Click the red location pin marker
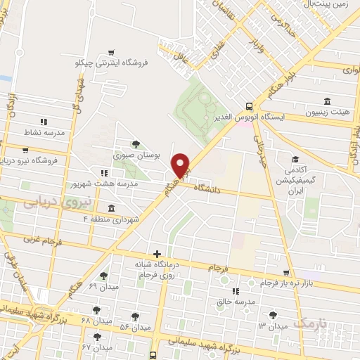tap(181, 165)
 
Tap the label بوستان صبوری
tap(137, 153)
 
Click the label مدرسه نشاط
tap(44, 132)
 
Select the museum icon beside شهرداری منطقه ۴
tap(112, 208)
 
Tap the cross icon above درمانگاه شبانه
tap(157, 254)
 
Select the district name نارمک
tap(314, 323)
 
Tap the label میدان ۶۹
tap(103, 286)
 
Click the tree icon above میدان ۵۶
tap(135, 316)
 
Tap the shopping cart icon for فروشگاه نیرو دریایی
tap(26, 150)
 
